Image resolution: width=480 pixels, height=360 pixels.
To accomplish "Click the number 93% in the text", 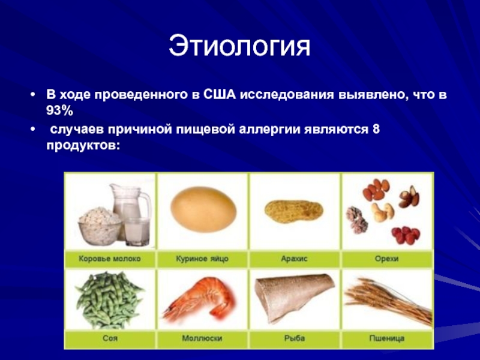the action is click(x=59, y=111).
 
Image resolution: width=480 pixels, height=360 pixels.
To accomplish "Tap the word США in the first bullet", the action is click(x=220, y=94).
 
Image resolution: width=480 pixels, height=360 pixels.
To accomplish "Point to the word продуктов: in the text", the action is click(x=83, y=146).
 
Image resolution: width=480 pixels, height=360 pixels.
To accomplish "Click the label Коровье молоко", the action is click(x=110, y=259).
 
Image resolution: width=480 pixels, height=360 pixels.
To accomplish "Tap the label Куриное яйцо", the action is click(x=202, y=259).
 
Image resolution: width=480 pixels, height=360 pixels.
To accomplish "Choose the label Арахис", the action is click(x=294, y=259).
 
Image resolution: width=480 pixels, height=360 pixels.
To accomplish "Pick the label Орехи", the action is click(x=386, y=259).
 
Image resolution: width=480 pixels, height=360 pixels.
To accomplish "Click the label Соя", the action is click(x=110, y=338).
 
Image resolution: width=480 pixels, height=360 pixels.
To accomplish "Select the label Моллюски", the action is click(x=202, y=338).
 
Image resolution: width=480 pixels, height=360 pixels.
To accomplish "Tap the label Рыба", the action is click(x=294, y=338).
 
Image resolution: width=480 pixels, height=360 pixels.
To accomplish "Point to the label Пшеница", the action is click(x=386, y=338).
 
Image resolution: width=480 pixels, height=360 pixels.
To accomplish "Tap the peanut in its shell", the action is click(x=293, y=212).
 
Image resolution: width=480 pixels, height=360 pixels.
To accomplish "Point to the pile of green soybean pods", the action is click(x=109, y=300).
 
